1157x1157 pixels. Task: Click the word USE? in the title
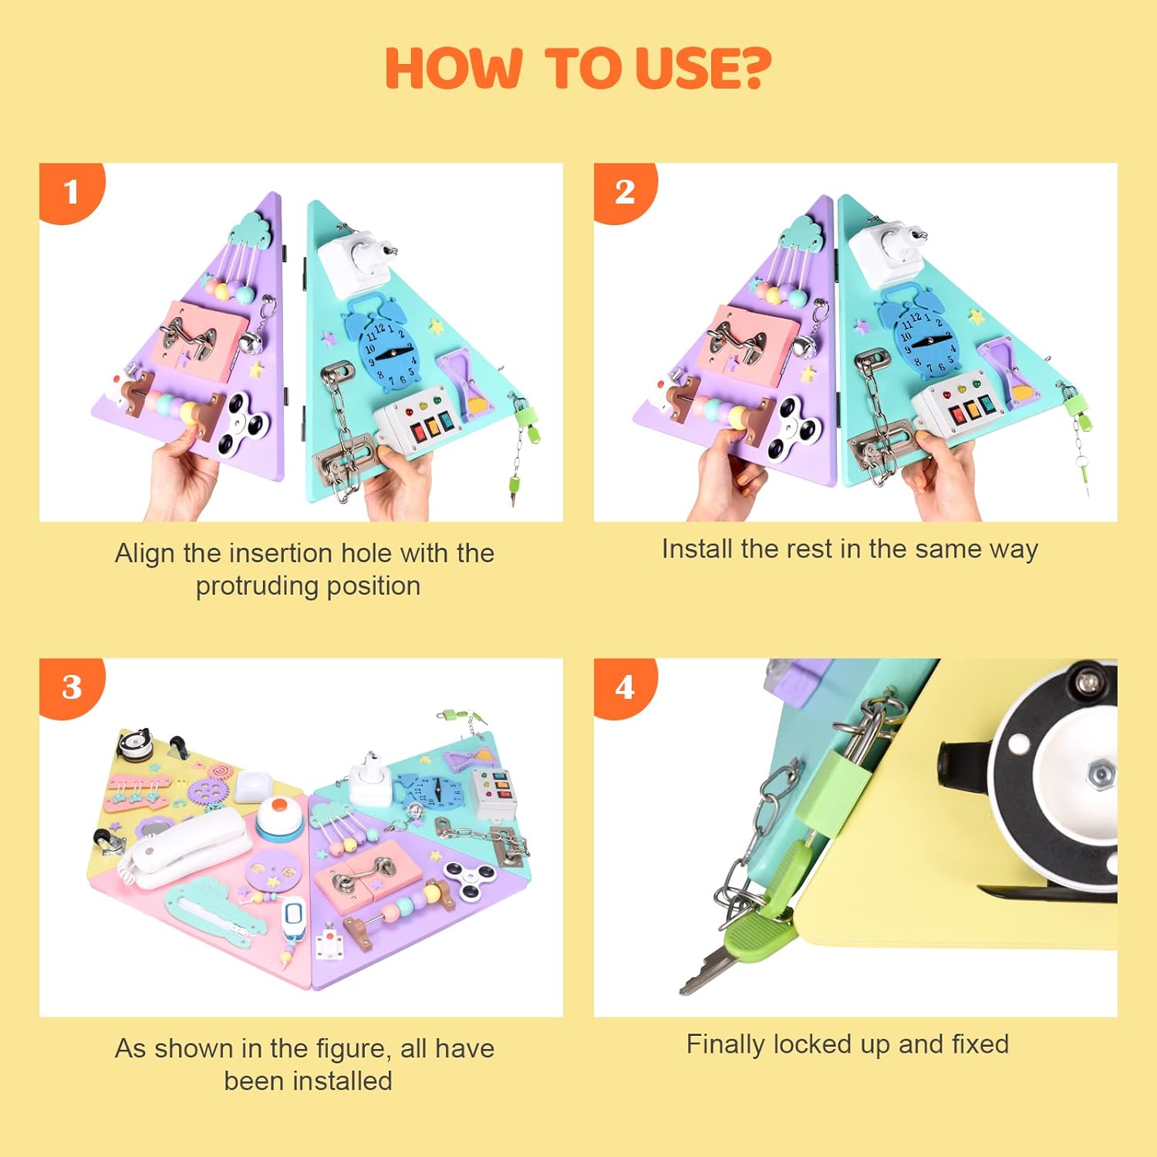click(x=703, y=68)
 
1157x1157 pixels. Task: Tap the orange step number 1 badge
click(x=70, y=192)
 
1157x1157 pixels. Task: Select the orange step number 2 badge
click(x=625, y=192)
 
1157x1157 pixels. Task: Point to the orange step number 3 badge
click(x=71, y=687)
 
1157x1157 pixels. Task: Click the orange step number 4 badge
click(x=625, y=687)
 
